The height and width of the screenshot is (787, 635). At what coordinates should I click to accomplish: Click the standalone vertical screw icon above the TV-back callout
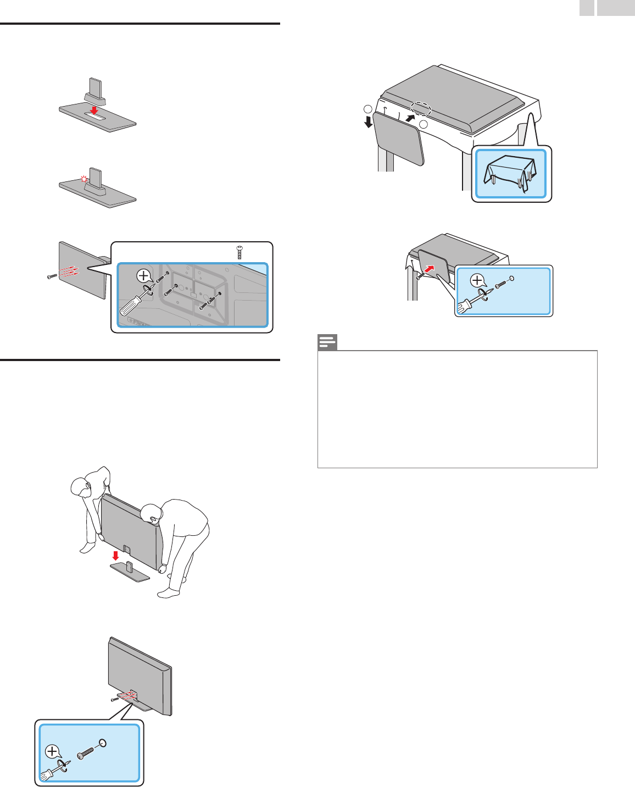tap(239, 252)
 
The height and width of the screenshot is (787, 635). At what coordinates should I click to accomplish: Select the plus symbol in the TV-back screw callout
tap(143, 275)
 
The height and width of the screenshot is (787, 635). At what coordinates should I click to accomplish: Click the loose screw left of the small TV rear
tap(52, 275)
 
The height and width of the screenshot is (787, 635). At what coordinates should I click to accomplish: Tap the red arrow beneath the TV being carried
tap(115, 556)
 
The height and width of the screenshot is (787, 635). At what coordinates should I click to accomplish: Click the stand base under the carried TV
tap(130, 572)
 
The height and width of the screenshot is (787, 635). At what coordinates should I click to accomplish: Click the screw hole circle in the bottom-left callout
tap(103, 743)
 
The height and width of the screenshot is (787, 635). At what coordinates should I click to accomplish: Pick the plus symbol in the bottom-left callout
tap(53, 750)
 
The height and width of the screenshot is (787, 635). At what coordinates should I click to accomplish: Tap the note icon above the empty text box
tap(327, 342)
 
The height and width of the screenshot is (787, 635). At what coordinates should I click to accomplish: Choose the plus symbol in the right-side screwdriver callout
tap(478, 281)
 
